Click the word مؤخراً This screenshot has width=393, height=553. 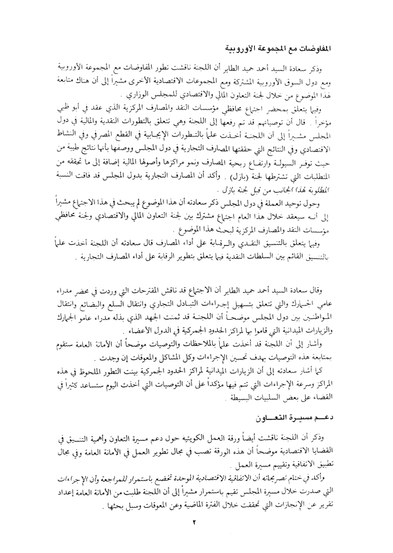tap(353, 122)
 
